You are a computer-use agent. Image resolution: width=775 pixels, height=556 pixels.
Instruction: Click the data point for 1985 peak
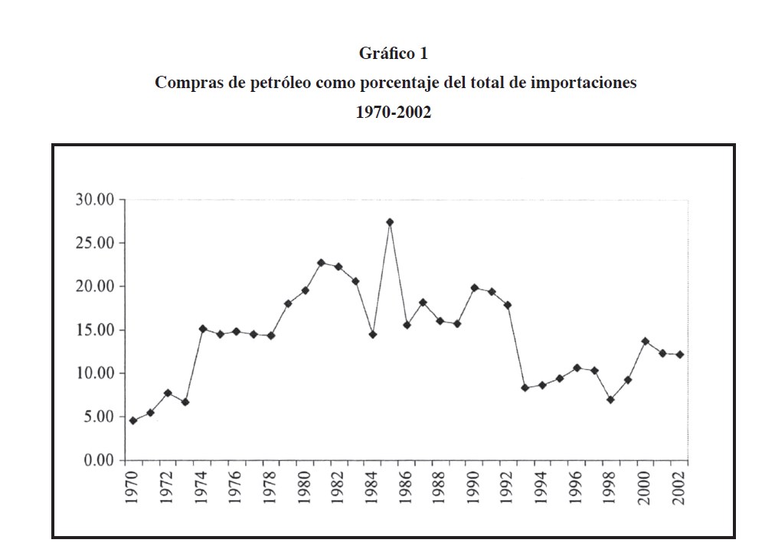point(390,222)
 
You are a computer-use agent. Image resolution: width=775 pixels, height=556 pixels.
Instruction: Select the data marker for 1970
point(133,420)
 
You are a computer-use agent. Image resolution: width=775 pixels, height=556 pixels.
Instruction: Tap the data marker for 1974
point(202,329)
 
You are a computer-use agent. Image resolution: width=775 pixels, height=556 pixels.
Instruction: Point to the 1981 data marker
point(322,263)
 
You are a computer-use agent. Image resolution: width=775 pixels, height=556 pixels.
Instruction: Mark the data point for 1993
point(525,388)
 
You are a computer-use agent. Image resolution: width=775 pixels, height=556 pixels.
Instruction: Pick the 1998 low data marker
point(610,400)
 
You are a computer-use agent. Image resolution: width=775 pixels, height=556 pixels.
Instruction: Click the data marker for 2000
point(645,341)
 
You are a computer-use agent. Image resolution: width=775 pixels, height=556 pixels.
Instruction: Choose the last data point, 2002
point(679,355)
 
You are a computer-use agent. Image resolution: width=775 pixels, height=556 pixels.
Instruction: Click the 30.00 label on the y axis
point(94,200)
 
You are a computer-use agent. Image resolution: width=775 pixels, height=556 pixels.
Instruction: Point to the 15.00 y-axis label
point(94,330)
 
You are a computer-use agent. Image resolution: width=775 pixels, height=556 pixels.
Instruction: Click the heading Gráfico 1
point(394,54)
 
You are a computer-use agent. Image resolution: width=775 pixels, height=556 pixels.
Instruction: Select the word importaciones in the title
point(583,83)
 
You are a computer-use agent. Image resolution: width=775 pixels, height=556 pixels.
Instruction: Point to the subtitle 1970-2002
point(394,112)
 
